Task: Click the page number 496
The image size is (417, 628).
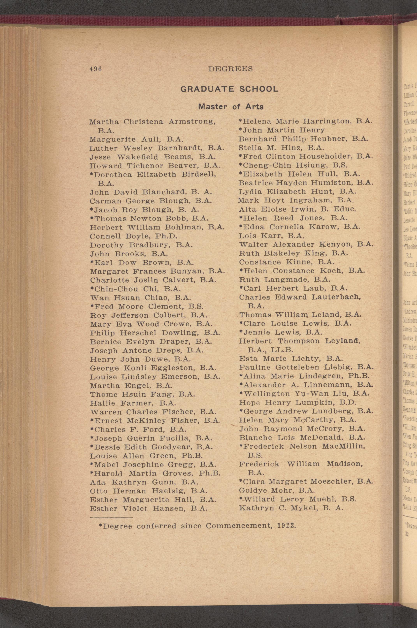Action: pos(95,69)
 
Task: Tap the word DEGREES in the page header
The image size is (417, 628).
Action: pos(230,69)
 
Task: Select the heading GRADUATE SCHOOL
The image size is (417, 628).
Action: pos(229,89)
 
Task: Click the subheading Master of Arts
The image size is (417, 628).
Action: pos(230,107)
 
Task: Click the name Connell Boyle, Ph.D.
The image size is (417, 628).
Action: pos(134,236)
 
